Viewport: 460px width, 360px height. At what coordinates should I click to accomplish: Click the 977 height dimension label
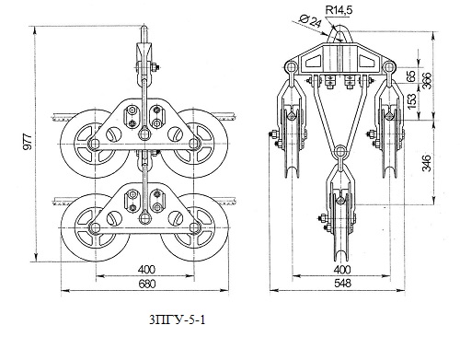(28, 142)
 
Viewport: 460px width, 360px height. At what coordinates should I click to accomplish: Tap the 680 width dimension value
(147, 284)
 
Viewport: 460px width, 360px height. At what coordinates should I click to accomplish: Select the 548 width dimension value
(342, 284)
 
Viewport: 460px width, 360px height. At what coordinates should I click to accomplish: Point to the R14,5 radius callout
(339, 10)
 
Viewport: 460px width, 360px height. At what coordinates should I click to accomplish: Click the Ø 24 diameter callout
(309, 21)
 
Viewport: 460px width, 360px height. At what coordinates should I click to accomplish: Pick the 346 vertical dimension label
(427, 163)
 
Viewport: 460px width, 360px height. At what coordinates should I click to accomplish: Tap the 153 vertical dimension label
(413, 97)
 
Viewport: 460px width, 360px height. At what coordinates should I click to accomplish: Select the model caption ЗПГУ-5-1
(178, 320)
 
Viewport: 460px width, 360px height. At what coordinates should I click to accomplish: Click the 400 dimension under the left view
(146, 270)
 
